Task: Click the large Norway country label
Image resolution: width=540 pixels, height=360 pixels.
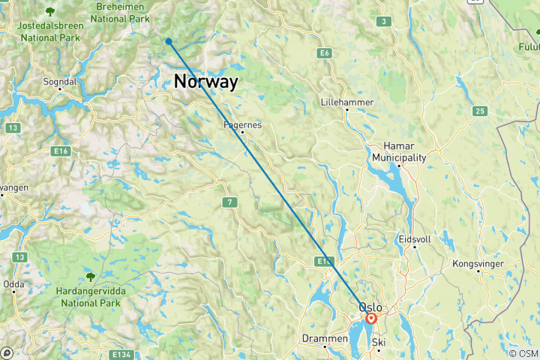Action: [x=205, y=82]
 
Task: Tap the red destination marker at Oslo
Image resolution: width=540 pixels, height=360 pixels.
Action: [x=371, y=319]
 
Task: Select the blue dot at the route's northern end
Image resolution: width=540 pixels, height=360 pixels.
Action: [x=169, y=42]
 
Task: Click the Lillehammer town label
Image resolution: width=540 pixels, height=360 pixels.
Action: [x=346, y=101]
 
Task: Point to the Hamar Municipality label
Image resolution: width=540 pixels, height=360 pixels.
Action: [x=400, y=152]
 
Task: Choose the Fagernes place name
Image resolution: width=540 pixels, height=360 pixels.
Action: [x=242, y=125]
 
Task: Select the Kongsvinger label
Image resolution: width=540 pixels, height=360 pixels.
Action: [x=478, y=264]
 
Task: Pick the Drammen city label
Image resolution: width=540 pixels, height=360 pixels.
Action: [x=325, y=338]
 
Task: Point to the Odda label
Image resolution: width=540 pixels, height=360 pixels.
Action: [x=13, y=283]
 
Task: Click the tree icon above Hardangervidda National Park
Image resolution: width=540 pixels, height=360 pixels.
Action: [x=91, y=277]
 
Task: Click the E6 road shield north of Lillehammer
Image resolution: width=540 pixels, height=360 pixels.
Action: [x=324, y=53]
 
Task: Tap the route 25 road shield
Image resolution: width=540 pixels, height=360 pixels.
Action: [x=479, y=112]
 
